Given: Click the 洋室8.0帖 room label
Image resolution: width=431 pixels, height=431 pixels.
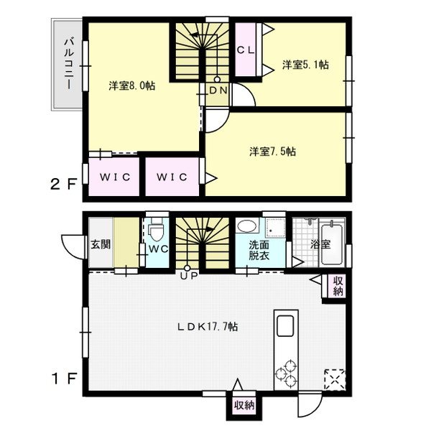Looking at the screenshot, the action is (132, 85).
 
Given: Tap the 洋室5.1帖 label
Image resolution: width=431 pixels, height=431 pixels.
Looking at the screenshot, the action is (305, 65).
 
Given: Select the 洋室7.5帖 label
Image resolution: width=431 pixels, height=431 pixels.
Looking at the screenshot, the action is (273, 151).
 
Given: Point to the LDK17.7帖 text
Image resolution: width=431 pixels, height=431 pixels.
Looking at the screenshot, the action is (208, 327).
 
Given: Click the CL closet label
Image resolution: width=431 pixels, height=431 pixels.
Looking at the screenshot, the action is (246, 50).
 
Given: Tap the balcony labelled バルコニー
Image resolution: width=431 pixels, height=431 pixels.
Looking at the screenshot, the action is (67, 65).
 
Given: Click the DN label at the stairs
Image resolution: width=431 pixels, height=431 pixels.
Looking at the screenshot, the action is (218, 91).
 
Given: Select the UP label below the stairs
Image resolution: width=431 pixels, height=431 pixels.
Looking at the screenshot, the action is (189, 276).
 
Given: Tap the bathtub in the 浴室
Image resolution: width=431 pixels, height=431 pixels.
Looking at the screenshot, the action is (332, 244).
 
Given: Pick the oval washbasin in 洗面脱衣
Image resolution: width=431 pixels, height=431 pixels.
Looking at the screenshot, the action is (247, 226).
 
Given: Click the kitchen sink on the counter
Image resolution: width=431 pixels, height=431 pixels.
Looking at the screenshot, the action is (285, 326).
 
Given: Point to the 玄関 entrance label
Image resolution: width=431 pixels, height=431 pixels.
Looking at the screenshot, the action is (101, 244).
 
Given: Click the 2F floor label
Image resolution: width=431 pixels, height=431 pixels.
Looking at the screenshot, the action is (63, 185).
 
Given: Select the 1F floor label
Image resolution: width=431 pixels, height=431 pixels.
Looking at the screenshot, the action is (63, 379).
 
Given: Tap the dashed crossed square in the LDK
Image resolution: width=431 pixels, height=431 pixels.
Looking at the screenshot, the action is (335, 380).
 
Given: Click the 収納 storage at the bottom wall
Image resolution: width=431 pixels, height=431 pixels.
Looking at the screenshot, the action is (244, 405).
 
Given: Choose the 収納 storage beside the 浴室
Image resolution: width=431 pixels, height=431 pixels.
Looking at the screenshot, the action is (338, 286).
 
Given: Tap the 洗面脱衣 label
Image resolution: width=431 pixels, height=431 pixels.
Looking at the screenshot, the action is (259, 250).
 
